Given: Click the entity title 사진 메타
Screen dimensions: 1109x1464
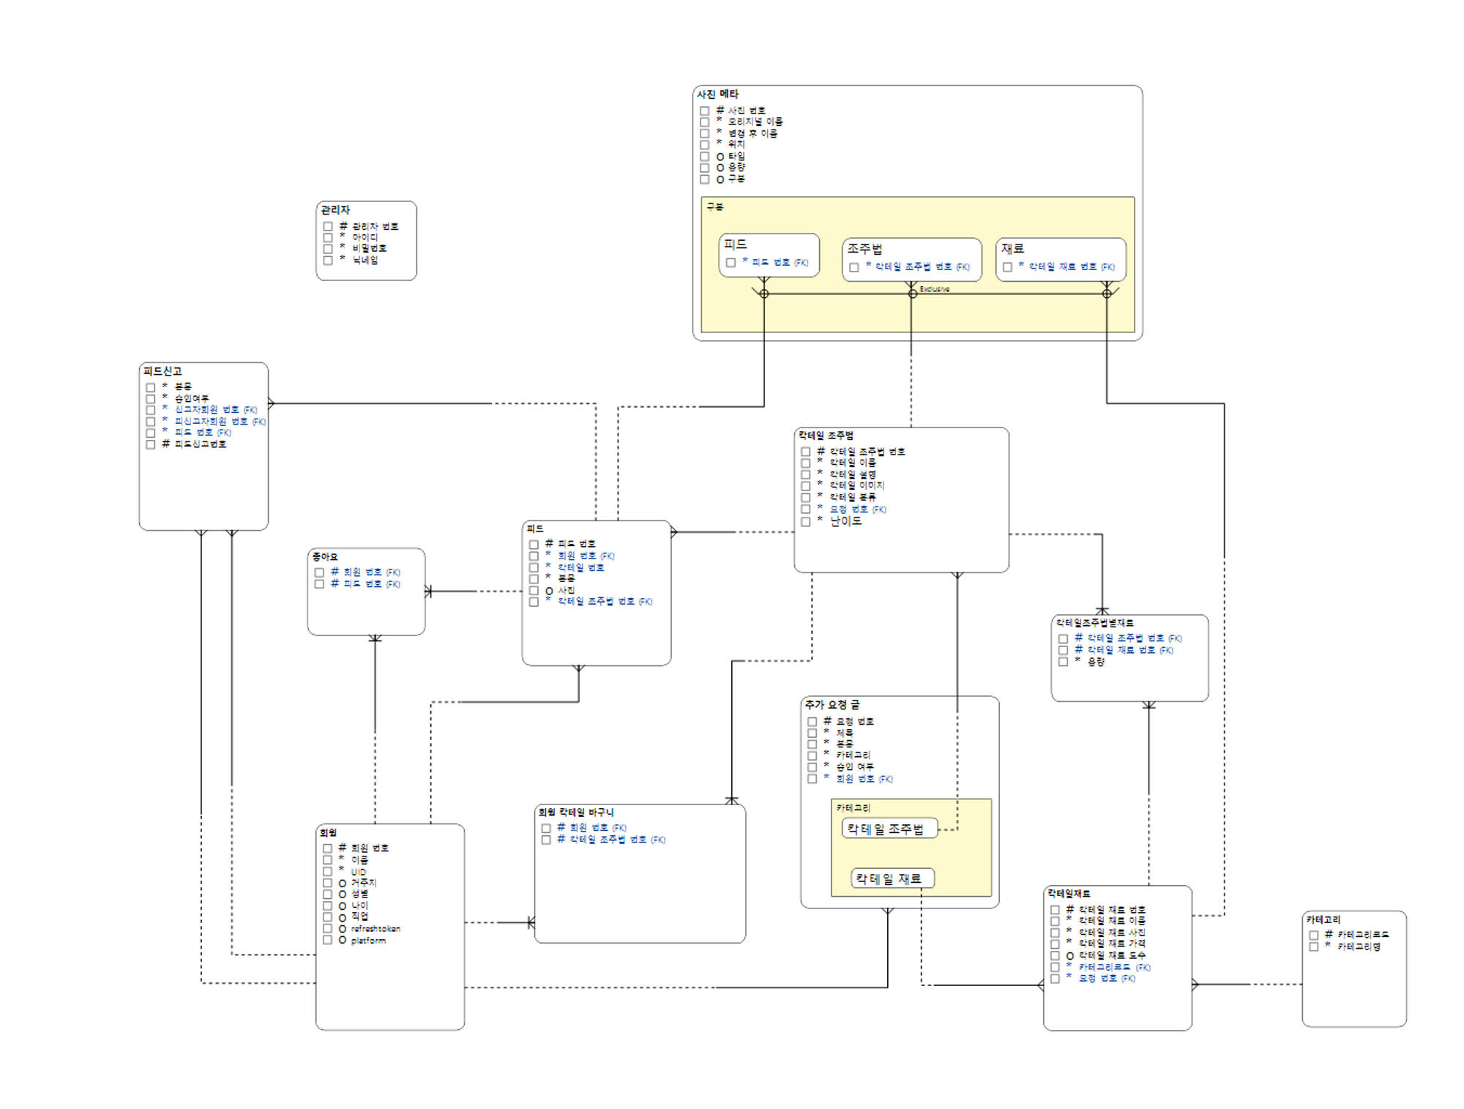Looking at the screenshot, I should (717, 94).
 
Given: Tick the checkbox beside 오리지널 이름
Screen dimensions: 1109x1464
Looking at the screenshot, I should (704, 122).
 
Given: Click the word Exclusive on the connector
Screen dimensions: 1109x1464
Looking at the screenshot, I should (934, 289).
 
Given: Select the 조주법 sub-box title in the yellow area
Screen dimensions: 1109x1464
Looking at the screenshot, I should (864, 249).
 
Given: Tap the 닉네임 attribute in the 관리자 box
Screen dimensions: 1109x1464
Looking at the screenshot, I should (365, 260).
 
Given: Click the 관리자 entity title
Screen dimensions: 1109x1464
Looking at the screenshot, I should (335, 210).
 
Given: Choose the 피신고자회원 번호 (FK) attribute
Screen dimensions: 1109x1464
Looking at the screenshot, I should (219, 422).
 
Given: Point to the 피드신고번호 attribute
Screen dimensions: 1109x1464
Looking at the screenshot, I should (200, 444).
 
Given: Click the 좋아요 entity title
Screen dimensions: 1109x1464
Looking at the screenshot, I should (324, 557).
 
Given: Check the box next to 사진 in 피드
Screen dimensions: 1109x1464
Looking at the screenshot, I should (534, 591).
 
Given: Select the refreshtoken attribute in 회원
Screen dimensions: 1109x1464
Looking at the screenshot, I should (376, 929).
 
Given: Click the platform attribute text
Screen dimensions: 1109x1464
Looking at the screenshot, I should (368, 941).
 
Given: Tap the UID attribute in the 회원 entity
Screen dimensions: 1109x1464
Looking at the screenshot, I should (358, 872).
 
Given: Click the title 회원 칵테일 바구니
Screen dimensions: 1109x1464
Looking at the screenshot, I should (575, 813).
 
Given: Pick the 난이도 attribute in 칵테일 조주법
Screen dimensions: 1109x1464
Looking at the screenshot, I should (845, 521).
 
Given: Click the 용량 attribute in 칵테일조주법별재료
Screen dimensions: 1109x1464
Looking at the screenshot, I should (1095, 662).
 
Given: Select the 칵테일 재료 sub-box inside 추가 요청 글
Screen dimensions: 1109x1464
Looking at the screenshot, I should (892, 878).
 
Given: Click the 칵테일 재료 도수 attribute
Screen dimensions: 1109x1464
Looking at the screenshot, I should (1111, 955).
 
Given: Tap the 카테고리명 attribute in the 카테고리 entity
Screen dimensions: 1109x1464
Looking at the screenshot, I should (1359, 946).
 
